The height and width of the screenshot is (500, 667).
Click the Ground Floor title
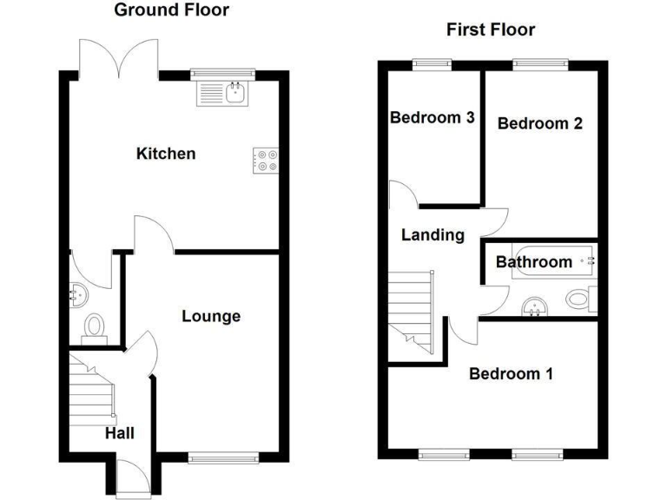(x=172, y=10)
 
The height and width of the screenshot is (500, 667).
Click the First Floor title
(x=491, y=30)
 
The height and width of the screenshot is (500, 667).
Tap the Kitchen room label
(x=166, y=154)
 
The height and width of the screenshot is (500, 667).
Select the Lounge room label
(x=211, y=316)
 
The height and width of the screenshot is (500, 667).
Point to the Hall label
(x=120, y=431)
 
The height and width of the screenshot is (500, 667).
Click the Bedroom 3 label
(x=432, y=118)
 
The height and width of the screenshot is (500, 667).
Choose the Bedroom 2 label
(x=539, y=123)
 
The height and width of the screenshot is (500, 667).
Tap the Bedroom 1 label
(x=511, y=374)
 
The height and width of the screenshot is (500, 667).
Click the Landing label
(x=433, y=234)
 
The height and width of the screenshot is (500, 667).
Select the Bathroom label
(x=534, y=261)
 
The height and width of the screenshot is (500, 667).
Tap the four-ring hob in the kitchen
(x=266, y=160)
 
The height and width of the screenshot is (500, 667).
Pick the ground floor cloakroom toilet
(x=93, y=326)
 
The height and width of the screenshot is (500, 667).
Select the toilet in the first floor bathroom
(x=579, y=299)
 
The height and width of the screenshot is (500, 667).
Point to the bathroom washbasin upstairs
(x=534, y=306)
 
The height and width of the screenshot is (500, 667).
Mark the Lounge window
(x=223, y=457)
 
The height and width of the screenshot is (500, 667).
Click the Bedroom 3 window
(x=432, y=62)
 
